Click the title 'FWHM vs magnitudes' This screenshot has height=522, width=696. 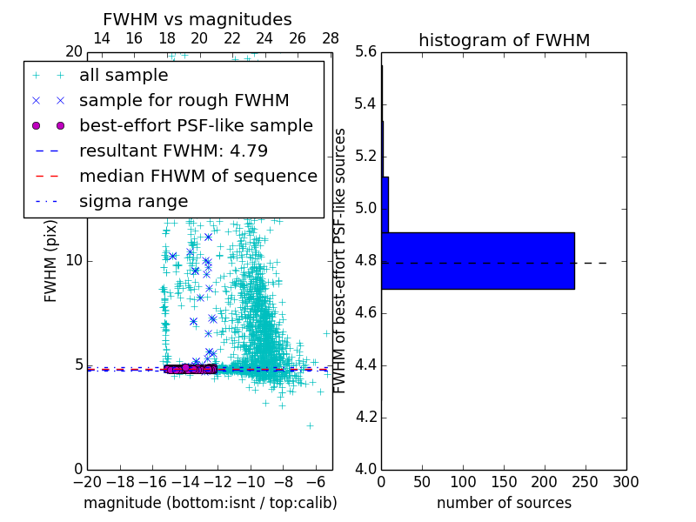[197, 19]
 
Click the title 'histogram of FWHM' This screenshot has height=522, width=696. [504, 40]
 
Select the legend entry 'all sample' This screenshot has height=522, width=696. [124, 76]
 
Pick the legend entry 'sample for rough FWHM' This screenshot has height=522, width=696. [184, 101]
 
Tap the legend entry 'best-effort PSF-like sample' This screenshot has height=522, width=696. [196, 126]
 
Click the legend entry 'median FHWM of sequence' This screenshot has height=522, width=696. [197, 177]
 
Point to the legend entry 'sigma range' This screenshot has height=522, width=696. [133, 202]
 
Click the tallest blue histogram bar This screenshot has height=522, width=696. [478, 260]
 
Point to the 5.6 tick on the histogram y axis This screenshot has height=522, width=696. [365, 52]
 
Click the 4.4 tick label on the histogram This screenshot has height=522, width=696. [365, 365]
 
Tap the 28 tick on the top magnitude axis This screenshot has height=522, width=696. [331, 38]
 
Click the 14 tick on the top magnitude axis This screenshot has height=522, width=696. [101, 38]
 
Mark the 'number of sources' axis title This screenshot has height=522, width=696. [504, 503]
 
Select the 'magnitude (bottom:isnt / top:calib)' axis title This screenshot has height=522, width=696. [210, 503]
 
